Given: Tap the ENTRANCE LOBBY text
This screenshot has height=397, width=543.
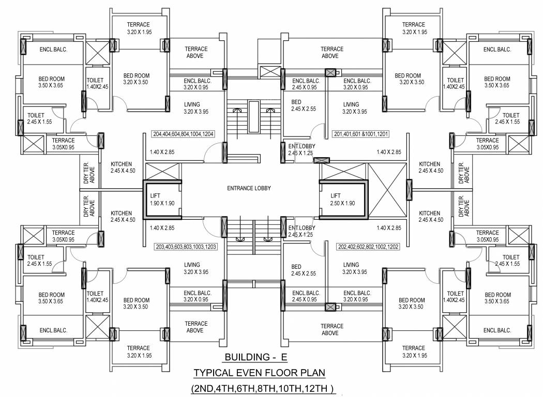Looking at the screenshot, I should click(x=249, y=189).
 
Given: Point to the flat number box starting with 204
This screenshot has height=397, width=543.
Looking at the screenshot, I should click(x=184, y=134).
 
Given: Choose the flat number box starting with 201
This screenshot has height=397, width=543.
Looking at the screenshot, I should click(x=361, y=134).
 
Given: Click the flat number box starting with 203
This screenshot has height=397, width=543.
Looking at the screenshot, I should click(x=186, y=247).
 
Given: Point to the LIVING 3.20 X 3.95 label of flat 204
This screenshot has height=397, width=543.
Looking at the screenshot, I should click(x=196, y=108).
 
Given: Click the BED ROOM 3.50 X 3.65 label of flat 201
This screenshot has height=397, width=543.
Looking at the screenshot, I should click(x=497, y=82).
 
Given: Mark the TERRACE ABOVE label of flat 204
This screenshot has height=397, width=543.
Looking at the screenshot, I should click(x=196, y=52).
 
